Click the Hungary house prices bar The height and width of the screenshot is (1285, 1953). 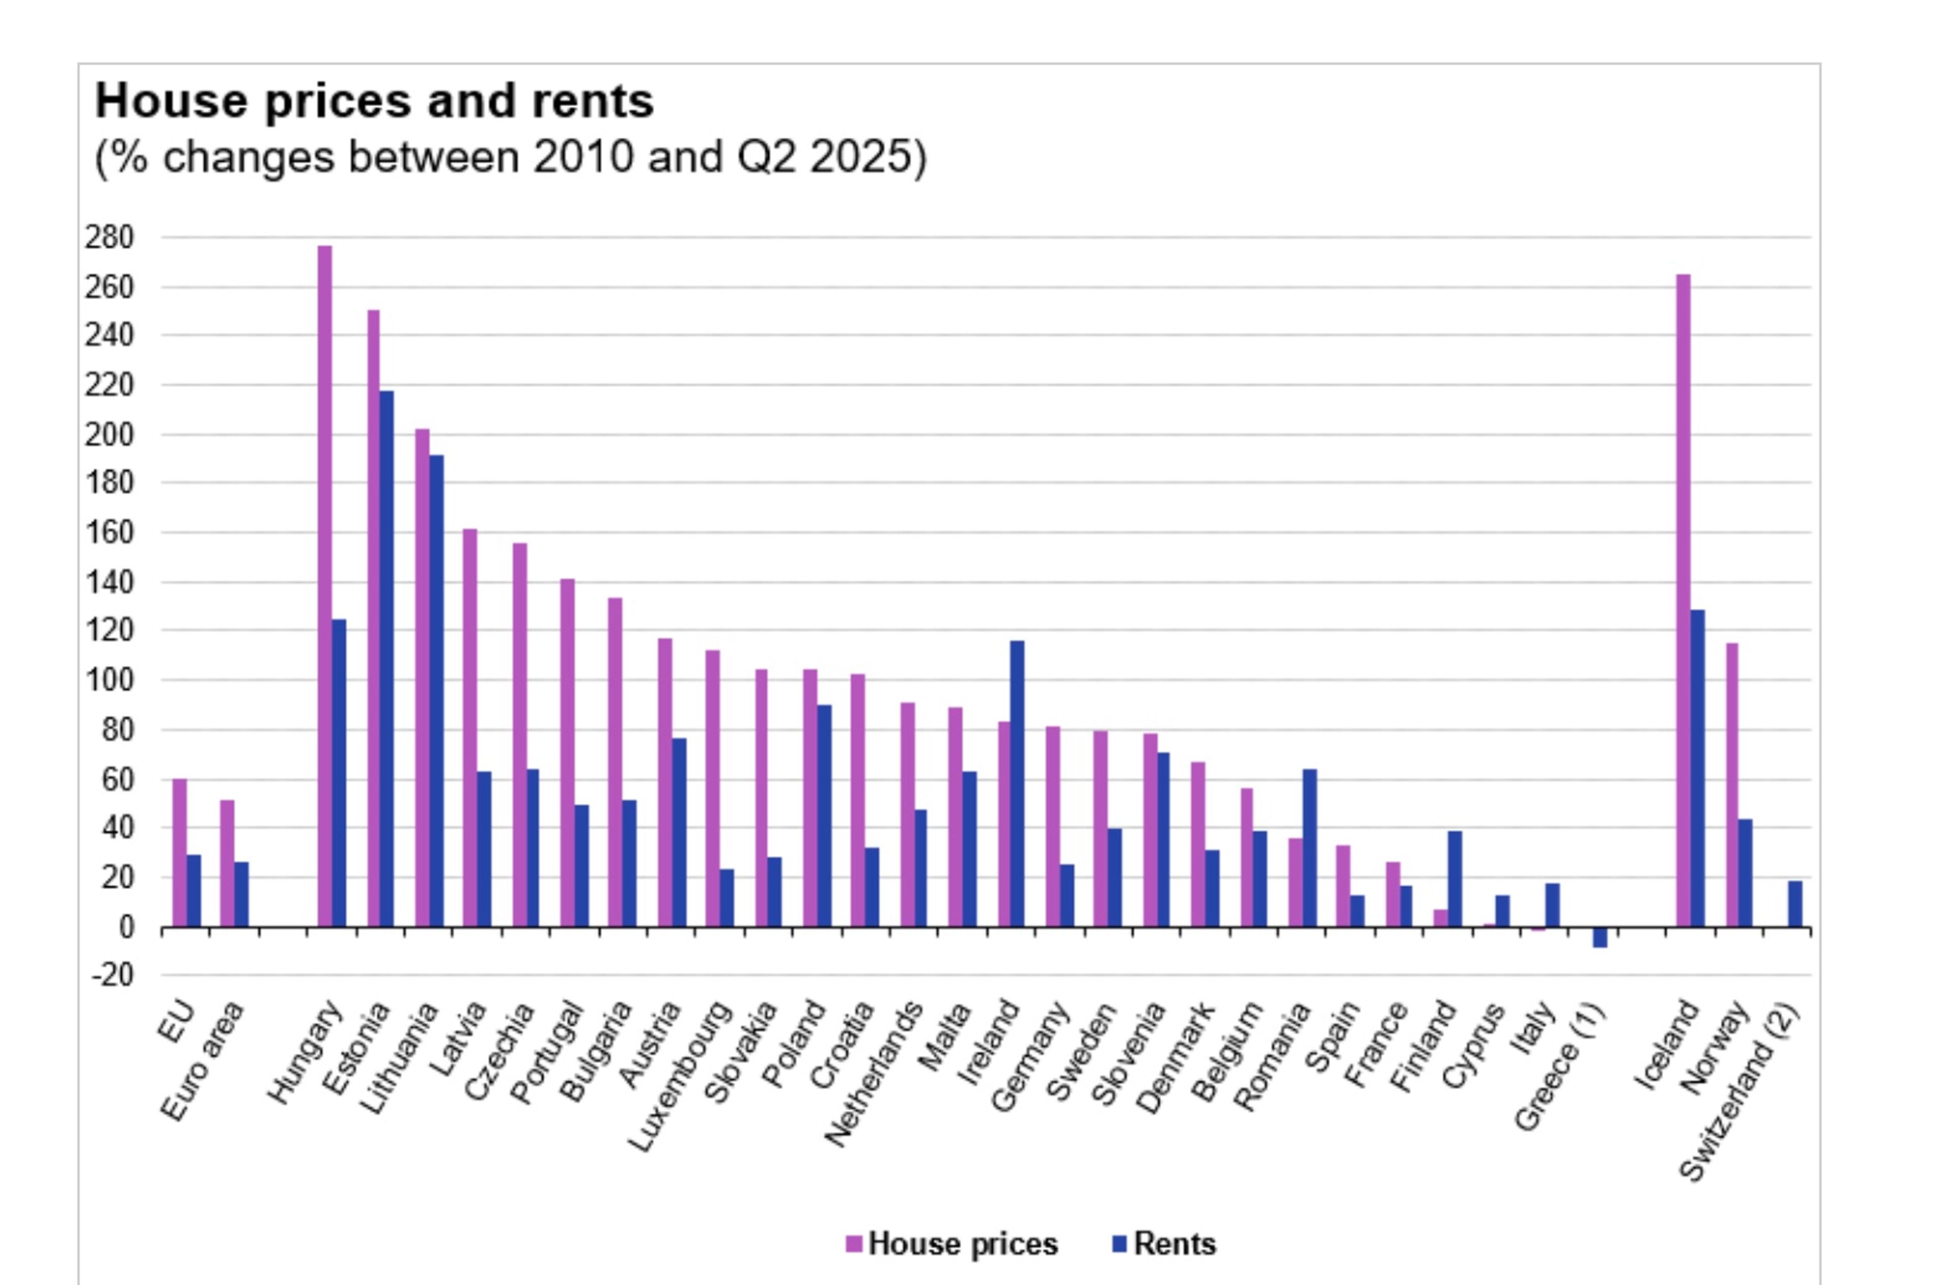click(x=325, y=586)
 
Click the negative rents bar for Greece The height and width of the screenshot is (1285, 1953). click(x=1600, y=937)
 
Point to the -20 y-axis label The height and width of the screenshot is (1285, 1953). click(x=111, y=976)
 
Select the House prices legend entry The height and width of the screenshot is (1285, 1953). click(x=952, y=1244)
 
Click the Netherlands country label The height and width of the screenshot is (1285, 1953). click(x=873, y=1075)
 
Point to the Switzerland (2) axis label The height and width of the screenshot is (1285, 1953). click(x=1740, y=1091)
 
